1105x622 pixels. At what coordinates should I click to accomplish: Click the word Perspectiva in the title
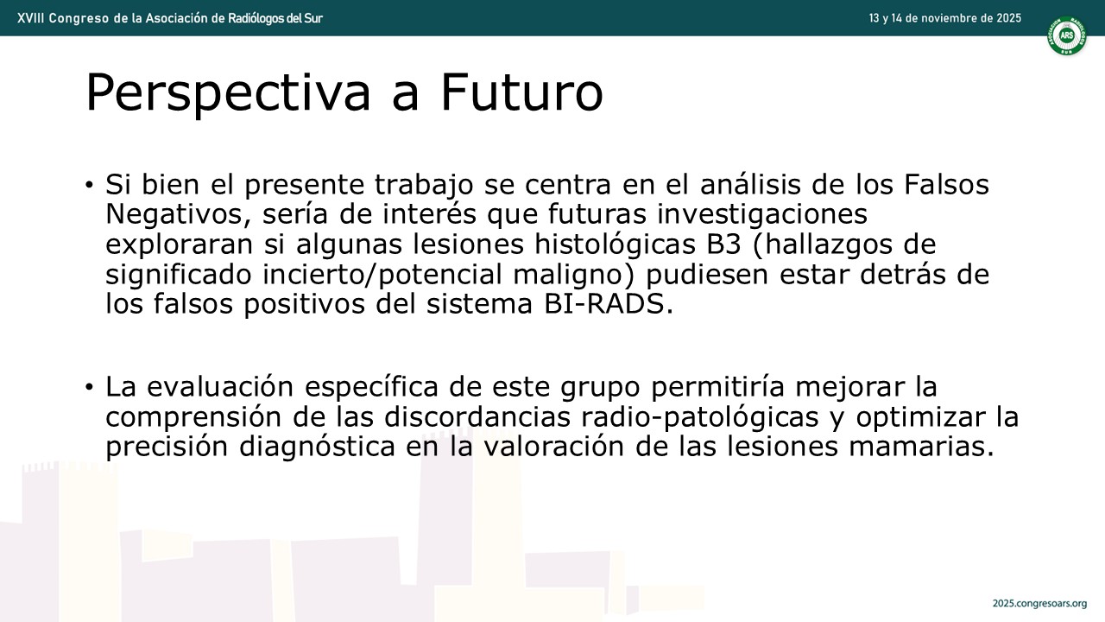pos(228,93)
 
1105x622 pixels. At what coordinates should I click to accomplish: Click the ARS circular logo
pos(1067,35)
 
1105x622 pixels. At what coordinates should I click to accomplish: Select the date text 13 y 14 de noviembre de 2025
pos(945,18)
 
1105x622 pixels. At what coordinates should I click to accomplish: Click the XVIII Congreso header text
pos(170,18)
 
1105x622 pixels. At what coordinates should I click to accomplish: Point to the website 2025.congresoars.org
pos(1040,603)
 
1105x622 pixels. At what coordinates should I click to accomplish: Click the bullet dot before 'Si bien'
pos(89,185)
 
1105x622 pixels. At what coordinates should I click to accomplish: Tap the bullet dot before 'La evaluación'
pos(89,387)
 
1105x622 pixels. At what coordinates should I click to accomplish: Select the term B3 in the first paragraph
pos(723,244)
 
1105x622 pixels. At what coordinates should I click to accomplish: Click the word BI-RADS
pos(609,303)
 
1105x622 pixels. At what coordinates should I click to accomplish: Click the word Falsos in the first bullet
pos(946,184)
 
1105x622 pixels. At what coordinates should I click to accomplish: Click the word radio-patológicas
pos(700,417)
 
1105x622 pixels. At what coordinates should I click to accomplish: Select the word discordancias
pos(477,416)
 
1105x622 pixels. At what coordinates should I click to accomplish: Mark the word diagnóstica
pos(317,447)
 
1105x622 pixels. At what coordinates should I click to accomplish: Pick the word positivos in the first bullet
pos(304,304)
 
